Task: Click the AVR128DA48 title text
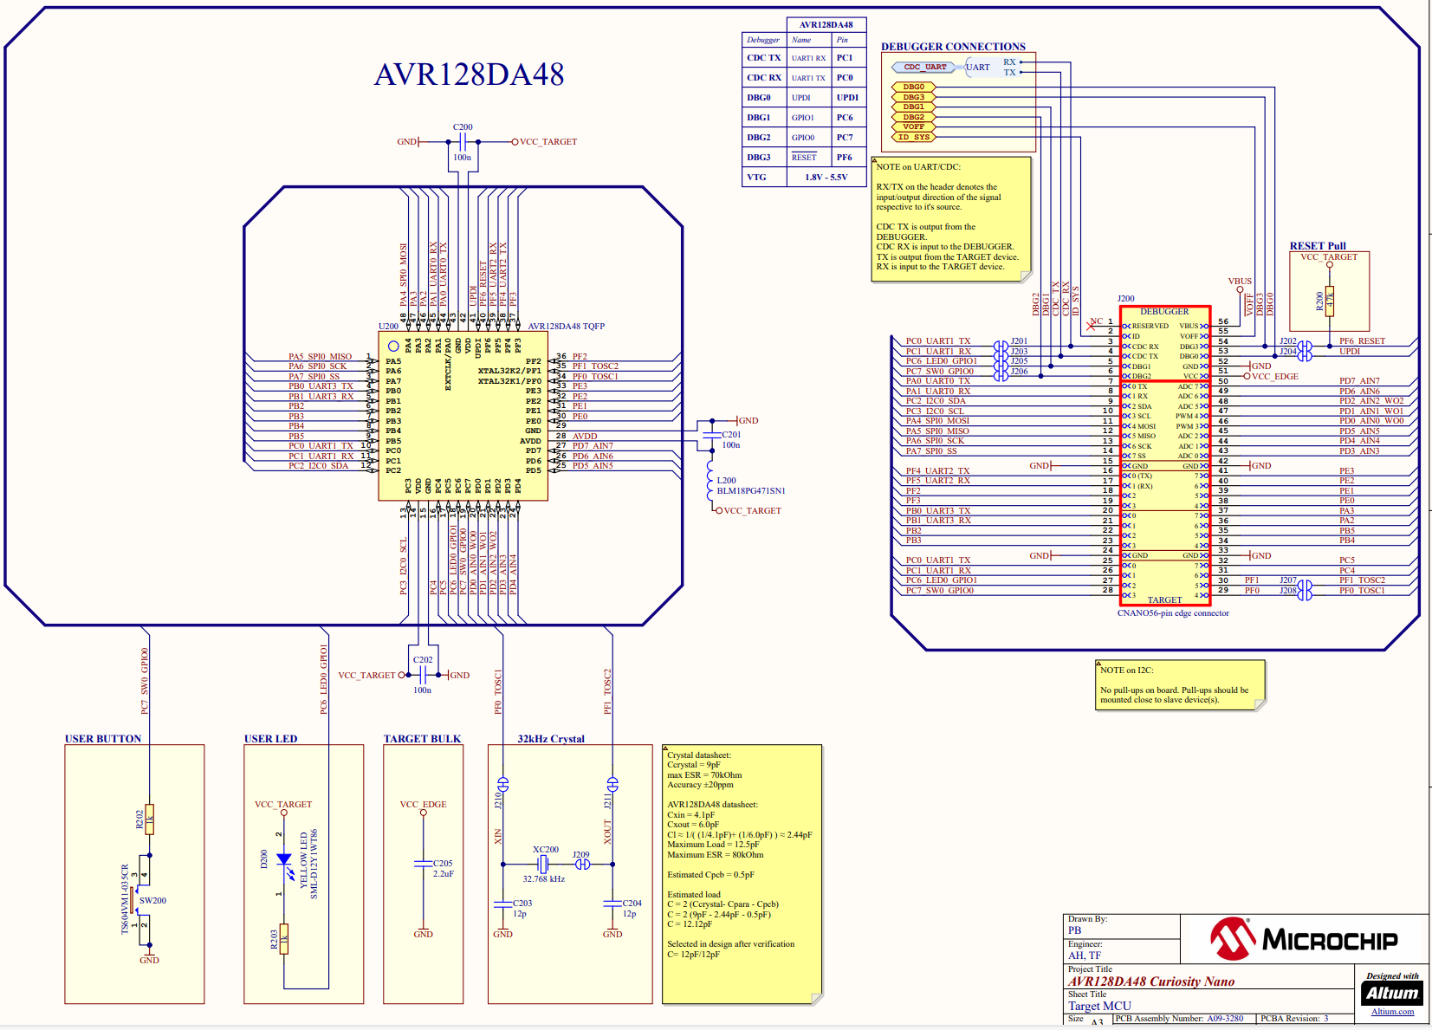click(x=469, y=74)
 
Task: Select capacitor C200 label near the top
click(x=463, y=127)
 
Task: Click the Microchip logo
click(x=1303, y=940)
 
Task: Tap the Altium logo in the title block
click(x=1392, y=993)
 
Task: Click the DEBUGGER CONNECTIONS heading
click(x=953, y=47)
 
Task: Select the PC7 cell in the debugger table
click(x=845, y=138)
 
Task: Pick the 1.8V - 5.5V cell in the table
click(x=826, y=178)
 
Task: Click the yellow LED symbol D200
click(x=283, y=859)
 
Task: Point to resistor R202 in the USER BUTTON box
click(x=149, y=819)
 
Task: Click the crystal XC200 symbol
click(x=543, y=864)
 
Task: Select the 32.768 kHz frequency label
click(x=543, y=879)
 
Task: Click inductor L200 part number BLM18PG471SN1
click(x=751, y=491)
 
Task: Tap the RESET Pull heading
click(x=1317, y=246)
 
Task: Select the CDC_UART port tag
click(x=925, y=67)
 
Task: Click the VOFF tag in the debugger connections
click(x=913, y=127)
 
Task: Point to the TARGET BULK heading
click(x=422, y=739)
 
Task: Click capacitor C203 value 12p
click(x=520, y=914)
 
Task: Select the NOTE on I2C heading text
click(x=1126, y=670)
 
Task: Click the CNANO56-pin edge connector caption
click(x=1172, y=613)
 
